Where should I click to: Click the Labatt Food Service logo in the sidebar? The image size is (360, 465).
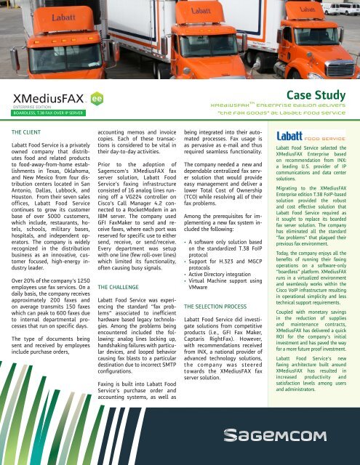coord(311,135)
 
